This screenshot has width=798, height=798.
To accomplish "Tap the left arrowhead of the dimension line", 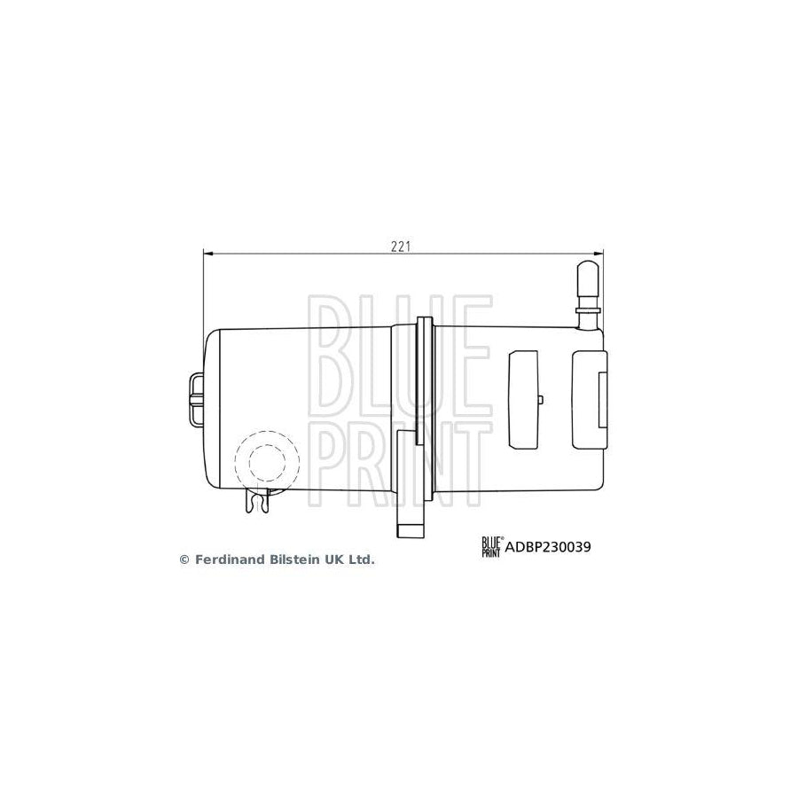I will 209,254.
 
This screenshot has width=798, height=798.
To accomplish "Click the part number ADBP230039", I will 548,547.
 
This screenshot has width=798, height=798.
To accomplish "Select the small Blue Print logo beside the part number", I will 491,547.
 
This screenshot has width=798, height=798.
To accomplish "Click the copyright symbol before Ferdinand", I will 184,559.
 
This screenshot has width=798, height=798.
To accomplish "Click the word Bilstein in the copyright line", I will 288,559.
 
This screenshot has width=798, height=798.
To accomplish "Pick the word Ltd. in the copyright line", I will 360,559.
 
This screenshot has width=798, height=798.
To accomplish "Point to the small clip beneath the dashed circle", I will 258,503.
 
